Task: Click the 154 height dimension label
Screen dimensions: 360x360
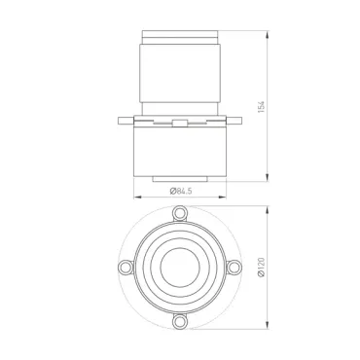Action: (x=262, y=107)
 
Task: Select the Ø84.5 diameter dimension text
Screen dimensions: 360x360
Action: (x=181, y=191)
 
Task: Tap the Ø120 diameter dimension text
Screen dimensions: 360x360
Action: (x=262, y=267)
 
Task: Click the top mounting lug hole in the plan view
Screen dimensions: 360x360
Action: (x=180, y=212)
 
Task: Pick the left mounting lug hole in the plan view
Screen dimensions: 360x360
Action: (x=125, y=268)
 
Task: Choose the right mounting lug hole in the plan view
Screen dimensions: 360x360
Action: (x=234, y=268)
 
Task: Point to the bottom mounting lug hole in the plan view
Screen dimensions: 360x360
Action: (x=179, y=321)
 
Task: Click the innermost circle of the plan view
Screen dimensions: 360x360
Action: (x=180, y=267)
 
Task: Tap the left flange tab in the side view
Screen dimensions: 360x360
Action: (x=126, y=121)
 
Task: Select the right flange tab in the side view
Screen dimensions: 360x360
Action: (x=234, y=121)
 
